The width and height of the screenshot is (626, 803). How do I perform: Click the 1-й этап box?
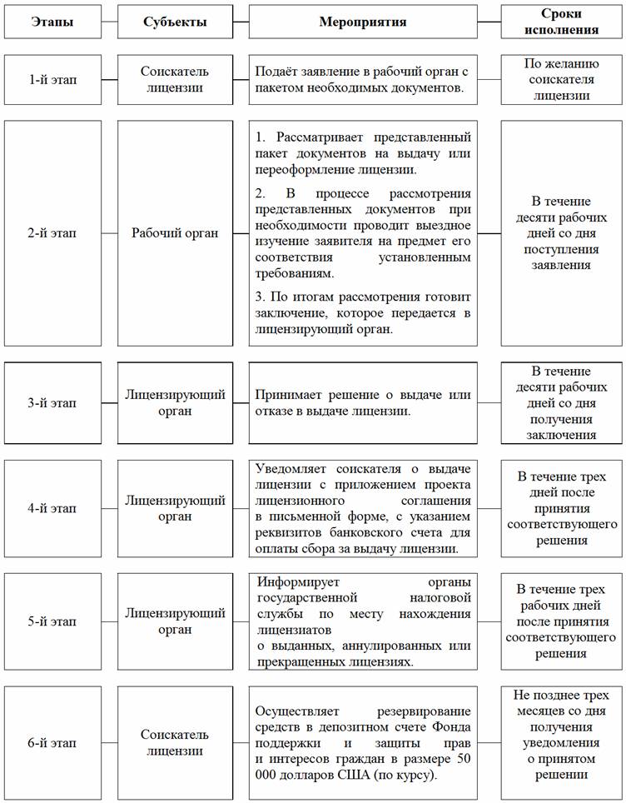click(52, 79)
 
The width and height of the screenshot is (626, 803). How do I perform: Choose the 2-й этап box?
click(52, 233)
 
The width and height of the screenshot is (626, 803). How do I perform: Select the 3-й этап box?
click(52, 403)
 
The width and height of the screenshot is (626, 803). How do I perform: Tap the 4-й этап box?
click(52, 508)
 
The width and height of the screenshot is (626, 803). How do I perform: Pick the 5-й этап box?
click(52, 621)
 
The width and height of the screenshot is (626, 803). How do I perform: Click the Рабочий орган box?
click(175, 233)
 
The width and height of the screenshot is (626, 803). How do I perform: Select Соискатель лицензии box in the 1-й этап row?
click(175, 79)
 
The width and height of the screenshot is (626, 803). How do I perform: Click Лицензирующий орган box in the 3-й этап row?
click(175, 403)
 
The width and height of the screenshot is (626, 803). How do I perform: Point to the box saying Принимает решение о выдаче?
click(363, 403)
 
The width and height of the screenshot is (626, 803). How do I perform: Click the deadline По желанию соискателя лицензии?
click(562, 79)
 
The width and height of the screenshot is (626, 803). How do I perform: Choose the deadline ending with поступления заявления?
click(562, 233)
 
